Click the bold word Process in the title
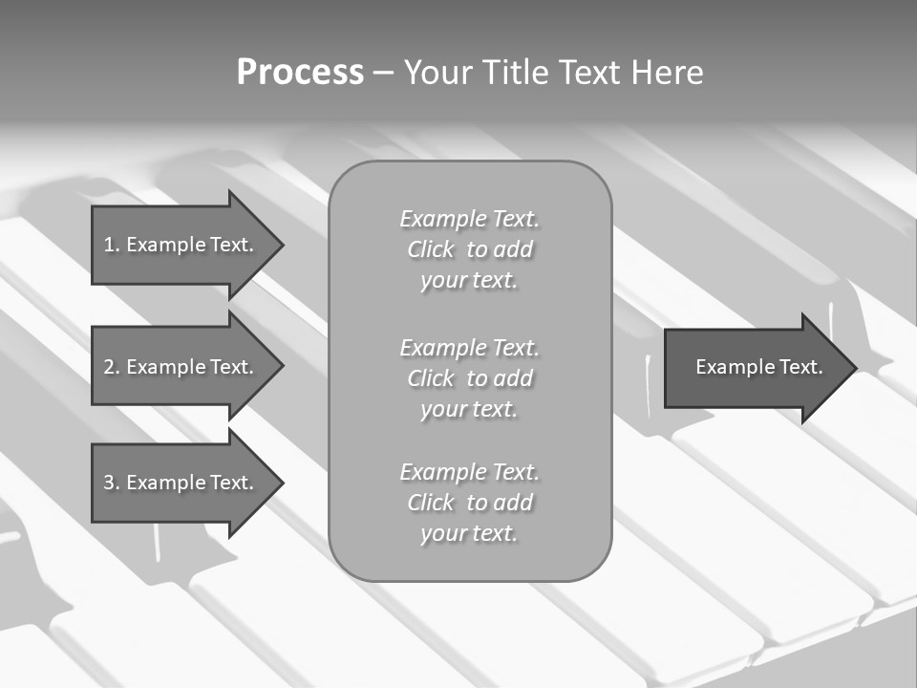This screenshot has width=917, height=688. [x=300, y=73]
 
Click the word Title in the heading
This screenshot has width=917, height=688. [x=517, y=73]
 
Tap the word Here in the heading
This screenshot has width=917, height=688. [x=667, y=73]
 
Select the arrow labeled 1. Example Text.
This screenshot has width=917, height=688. [x=181, y=245]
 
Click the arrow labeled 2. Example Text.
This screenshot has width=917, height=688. [x=181, y=367]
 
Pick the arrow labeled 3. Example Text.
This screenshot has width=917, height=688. [x=181, y=483]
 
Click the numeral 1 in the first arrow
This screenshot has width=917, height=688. [x=109, y=245]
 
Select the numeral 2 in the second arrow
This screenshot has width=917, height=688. [x=109, y=367]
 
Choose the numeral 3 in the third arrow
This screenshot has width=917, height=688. [x=109, y=483]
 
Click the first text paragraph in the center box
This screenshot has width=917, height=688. [x=469, y=249]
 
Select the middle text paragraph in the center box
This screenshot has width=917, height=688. [x=469, y=377]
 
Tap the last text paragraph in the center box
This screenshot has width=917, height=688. [x=469, y=503]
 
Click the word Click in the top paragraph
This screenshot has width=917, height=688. [x=431, y=249]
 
